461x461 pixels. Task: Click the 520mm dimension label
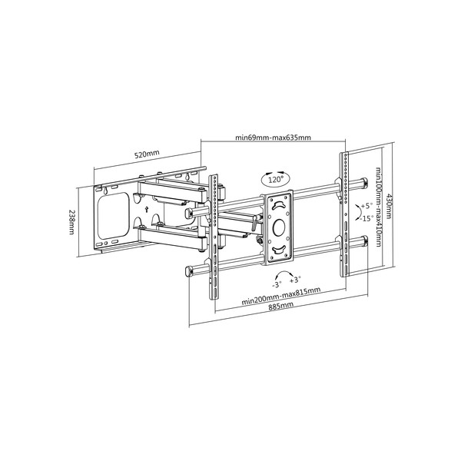[x=147, y=154]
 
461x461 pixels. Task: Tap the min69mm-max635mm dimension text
[x=273, y=138]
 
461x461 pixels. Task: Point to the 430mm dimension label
[x=389, y=205]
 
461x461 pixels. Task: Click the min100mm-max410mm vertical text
[x=379, y=207]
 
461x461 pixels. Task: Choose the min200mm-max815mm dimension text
[x=280, y=296]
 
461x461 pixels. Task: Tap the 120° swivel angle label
[x=276, y=179]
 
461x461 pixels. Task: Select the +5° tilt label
[x=366, y=205]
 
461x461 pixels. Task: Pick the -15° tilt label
[x=366, y=218]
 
